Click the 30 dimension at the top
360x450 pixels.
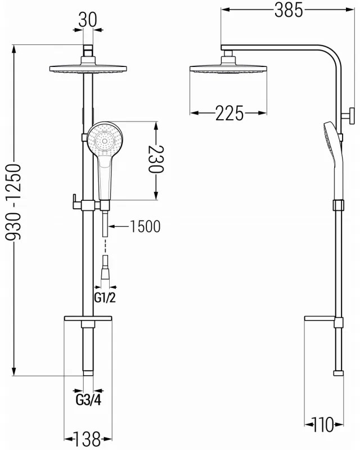coord(87,20)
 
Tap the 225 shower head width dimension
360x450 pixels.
coord(229,114)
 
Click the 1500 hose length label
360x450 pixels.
coord(145,227)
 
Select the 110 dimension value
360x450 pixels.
coord(324,424)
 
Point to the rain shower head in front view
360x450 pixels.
coord(87,69)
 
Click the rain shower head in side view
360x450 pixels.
coord(228,69)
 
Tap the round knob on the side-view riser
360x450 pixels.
coord(349,118)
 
